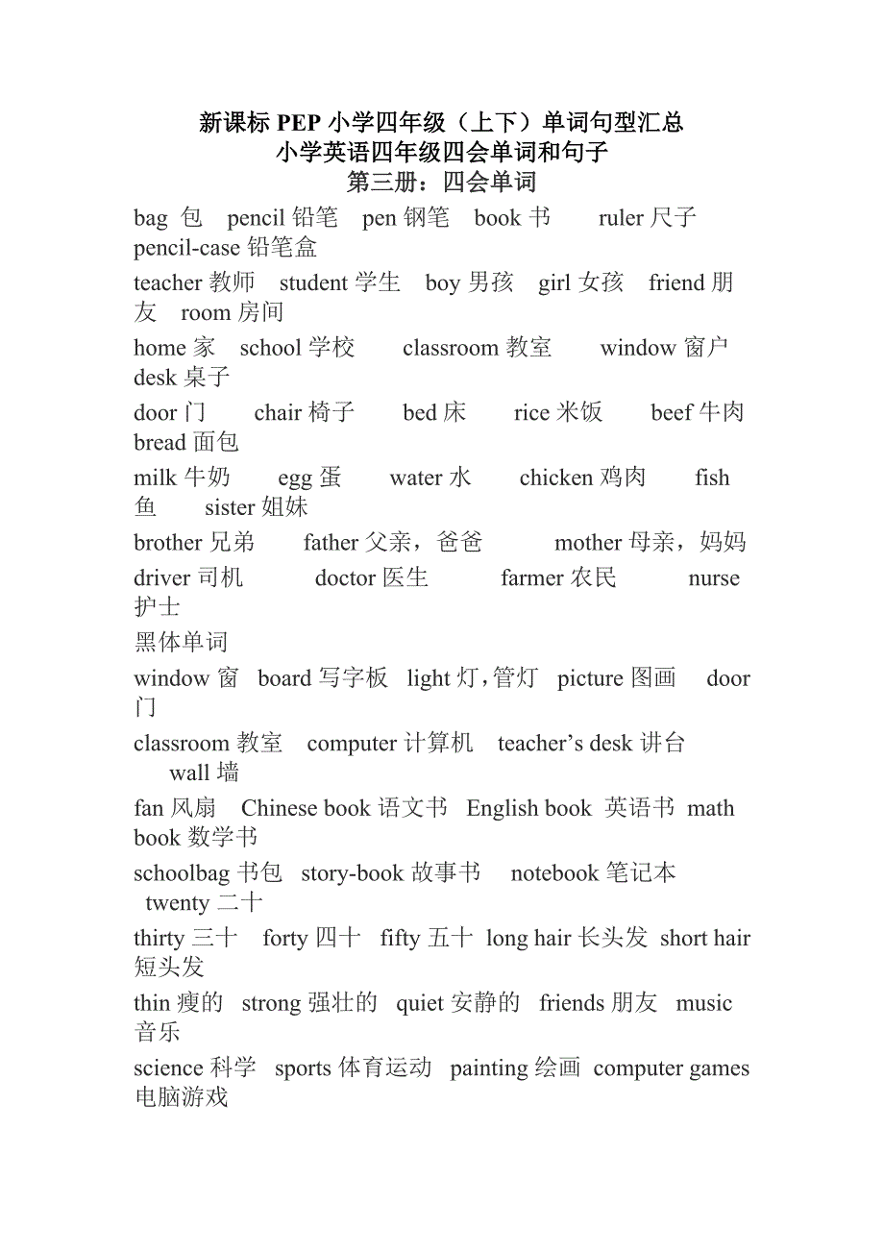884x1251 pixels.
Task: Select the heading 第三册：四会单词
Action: [x=441, y=183]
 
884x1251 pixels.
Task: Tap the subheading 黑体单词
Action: [x=182, y=643]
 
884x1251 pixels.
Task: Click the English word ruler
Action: [x=621, y=219]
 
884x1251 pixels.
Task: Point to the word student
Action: [x=313, y=283]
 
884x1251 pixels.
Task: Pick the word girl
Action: [x=554, y=283]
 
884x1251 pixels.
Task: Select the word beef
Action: [x=672, y=413]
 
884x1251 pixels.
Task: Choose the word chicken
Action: [x=556, y=478]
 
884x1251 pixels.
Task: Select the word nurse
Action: [x=714, y=579]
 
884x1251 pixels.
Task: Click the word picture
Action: [x=591, y=679]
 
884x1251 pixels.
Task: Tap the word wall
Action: [x=189, y=773]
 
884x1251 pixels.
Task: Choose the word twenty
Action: [x=178, y=904]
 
